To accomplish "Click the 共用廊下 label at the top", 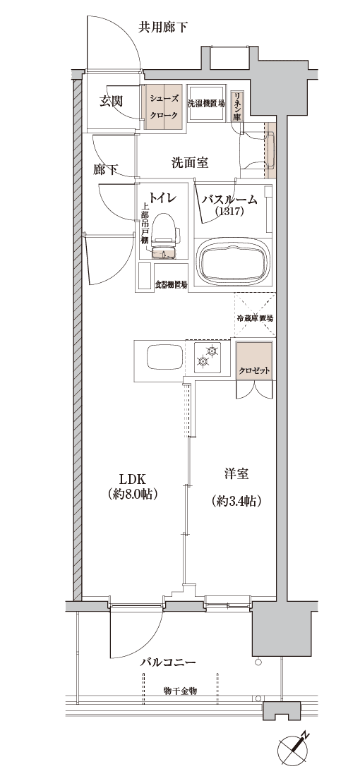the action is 162,28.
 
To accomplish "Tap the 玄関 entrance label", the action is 111,102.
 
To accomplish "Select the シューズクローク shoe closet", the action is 163,107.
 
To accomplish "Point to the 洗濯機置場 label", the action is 206,104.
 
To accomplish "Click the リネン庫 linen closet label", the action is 237,105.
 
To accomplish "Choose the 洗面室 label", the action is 190,162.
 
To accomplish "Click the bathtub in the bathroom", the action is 233,262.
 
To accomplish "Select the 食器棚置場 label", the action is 172,284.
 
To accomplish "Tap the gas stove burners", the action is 208,358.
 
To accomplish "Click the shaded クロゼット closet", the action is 254,361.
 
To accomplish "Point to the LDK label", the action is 131,478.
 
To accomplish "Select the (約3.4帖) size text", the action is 236,502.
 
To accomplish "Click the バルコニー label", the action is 169,662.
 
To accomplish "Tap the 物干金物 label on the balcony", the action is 180,691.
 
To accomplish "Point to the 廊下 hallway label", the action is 105,170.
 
